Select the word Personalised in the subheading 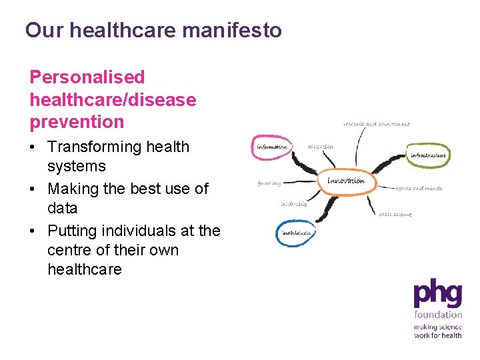tap(87, 78)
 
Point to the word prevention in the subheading tap(77, 122)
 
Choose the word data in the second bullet tap(62, 208)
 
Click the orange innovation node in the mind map tap(346, 181)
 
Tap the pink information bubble tap(271, 147)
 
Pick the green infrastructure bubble tap(428, 155)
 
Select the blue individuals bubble tap(295, 233)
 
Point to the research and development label tap(377, 124)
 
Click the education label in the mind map tap(321, 147)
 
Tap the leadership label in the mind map tap(294, 204)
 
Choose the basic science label tap(395, 214)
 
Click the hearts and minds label tap(419, 189)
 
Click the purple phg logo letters tap(437, 295)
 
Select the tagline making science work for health tap(437, 331)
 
